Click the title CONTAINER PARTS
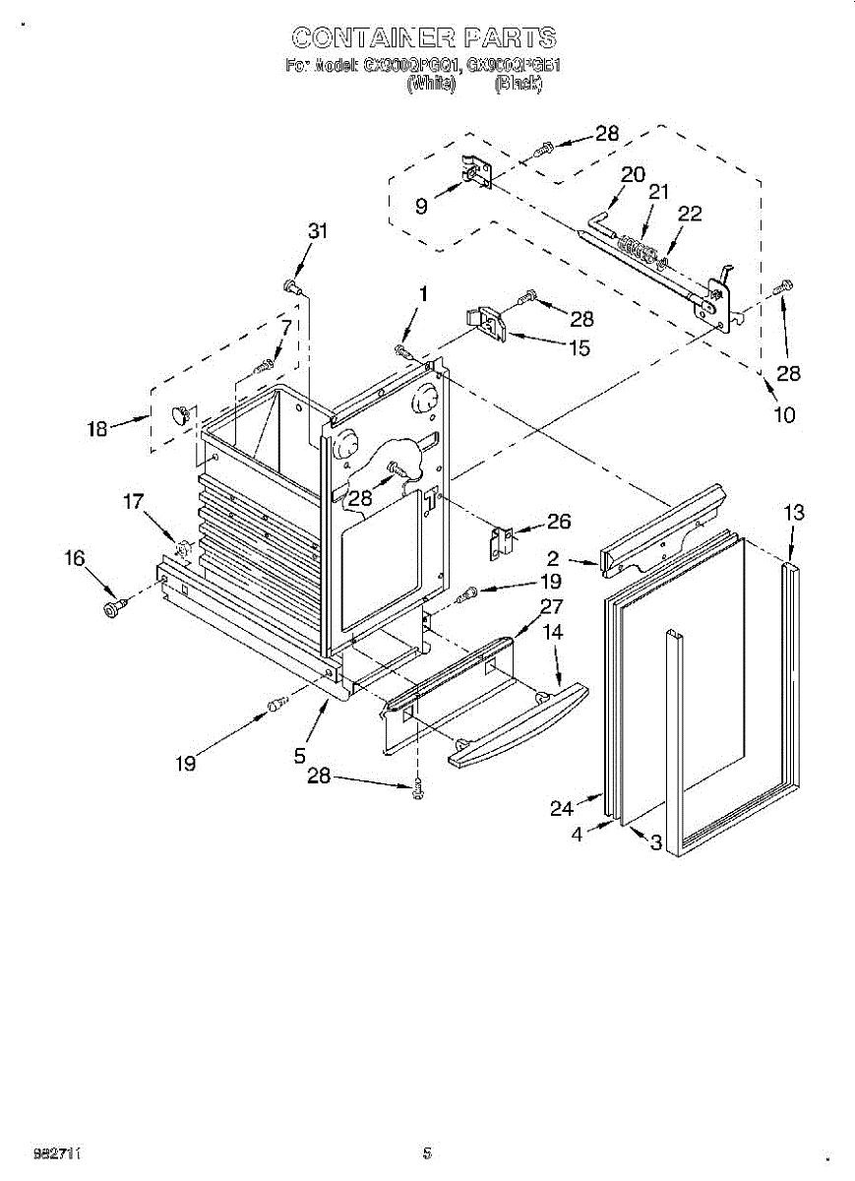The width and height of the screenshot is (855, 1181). click(x=424, y=38)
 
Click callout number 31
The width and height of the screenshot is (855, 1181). click(x=317, y=232)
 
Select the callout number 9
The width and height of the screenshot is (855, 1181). click(x=421, y=207)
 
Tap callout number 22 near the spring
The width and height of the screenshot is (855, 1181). click(x=690, y=215)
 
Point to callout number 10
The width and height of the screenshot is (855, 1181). click(x=784, y=414)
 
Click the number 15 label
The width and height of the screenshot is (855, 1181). click(x=580, y=347)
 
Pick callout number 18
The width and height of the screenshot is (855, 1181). click(x=97, y=429)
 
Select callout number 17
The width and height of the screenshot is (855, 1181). click(x=134, y=503)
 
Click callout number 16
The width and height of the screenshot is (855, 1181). click(x=75, y=559)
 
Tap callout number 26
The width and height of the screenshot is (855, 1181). click(x=559, y=522)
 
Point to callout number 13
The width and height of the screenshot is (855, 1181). click(x=794, y=513)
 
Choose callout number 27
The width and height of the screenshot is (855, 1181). click(x=551, y=606)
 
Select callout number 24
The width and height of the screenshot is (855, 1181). click(x=561, y=809)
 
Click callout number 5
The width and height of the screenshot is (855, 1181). click(x=300, y=757)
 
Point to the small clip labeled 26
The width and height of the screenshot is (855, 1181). click(x=503, y=540)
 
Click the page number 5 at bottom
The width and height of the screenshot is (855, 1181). click(x=427, y=1153)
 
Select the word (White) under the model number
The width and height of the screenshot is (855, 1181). click(x=431, y=85)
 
